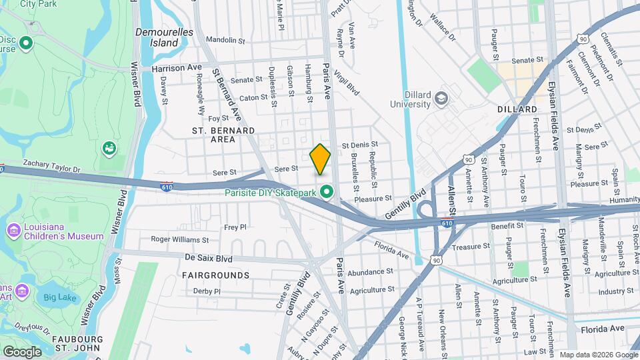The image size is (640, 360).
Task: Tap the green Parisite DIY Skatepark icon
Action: (327, 192)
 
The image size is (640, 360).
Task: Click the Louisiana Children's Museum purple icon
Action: (13, 231)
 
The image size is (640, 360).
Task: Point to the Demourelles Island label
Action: (164, 37)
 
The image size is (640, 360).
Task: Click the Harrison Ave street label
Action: (176, 68)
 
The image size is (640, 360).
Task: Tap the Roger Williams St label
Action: (179, 239)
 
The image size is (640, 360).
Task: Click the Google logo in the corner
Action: (22, 351)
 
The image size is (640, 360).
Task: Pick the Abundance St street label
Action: (370, 272)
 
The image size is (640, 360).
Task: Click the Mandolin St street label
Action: (223, 40)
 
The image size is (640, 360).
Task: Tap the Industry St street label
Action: (615, 291)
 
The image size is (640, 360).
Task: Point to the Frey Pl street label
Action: (235, 227)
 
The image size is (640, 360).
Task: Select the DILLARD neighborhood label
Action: (517, 109)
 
